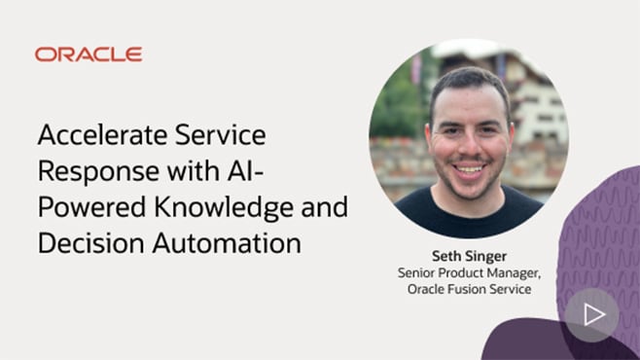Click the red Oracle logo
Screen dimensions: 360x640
(89, 54)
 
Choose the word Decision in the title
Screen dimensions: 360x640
(82, 243)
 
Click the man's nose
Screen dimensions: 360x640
(470, 144)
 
